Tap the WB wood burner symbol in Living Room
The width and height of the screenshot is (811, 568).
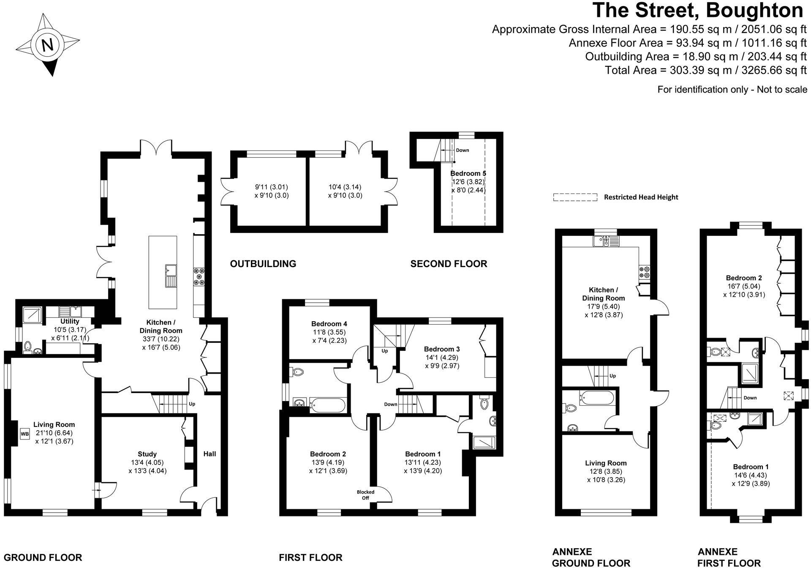tap(24, 433)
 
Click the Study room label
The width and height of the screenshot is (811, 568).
tap(147, 454)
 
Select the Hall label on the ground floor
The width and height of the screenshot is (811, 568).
tap(210, 454)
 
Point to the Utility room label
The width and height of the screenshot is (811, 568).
tap(70, 322)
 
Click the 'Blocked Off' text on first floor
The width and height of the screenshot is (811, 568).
tap(365, 495)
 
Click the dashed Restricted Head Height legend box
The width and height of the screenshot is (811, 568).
tap(575, 197)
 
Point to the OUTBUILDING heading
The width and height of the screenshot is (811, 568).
tap(263, 264)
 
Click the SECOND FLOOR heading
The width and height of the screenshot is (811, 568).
tap(449, 264)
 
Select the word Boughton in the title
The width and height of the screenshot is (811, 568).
tap(754, 10)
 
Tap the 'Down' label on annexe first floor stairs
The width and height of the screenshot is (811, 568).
tap(750, 398)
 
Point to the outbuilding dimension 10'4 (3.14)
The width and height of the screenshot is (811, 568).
tap(345, 187)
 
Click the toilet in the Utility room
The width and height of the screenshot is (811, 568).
tap(28, 347)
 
